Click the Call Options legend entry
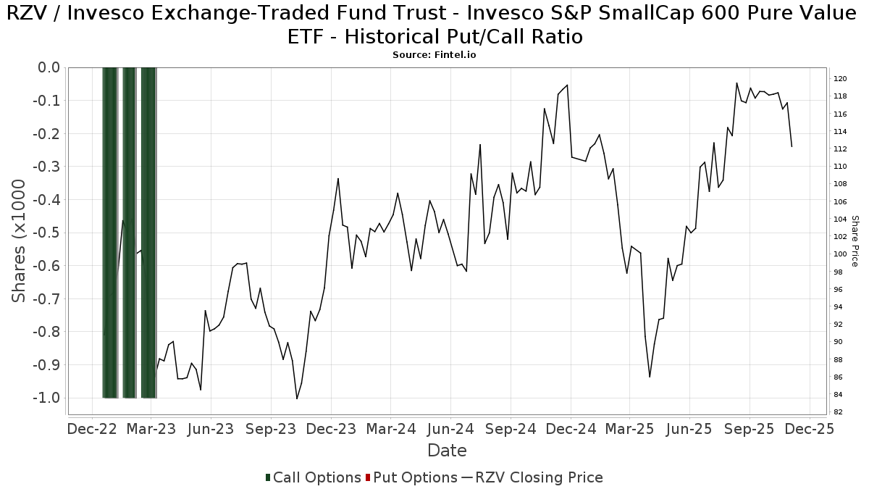tap(313, 477)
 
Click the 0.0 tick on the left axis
tap(47, 67)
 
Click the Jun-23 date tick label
tap(211, 429)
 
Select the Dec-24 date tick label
tap(570, 429)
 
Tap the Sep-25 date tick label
tap(750, 429)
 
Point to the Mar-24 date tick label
tap(390, 429)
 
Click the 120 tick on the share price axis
tap(840, 78)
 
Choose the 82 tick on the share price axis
tap(838, 412)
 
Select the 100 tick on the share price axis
tap(840, 254)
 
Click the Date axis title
tap(447, 451)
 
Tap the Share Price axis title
tap(855, 241)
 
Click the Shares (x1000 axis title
tap(20, 241)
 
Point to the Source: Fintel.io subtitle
tap(434, 54)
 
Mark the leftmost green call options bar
tap(109, 232)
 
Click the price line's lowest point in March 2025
tap(650, 377)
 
